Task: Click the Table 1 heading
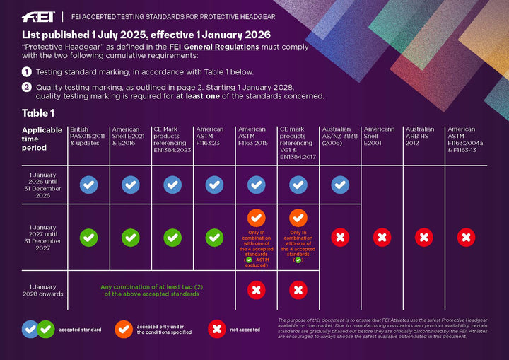(x=38, y=112)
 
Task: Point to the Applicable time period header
(x=42, y=139)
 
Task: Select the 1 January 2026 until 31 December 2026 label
(x=46, y=185)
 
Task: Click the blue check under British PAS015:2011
(x=88, y=185)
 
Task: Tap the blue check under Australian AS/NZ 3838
(x=340, y=185)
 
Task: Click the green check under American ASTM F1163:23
(x=214, y=238)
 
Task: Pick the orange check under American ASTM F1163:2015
(x=256, y=218)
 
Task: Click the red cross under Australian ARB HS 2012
(x=423, y=238)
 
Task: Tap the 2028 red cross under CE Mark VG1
(x=298, y=290)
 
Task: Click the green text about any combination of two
(x=151, y=290)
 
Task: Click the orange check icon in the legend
(x=123, y=329)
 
